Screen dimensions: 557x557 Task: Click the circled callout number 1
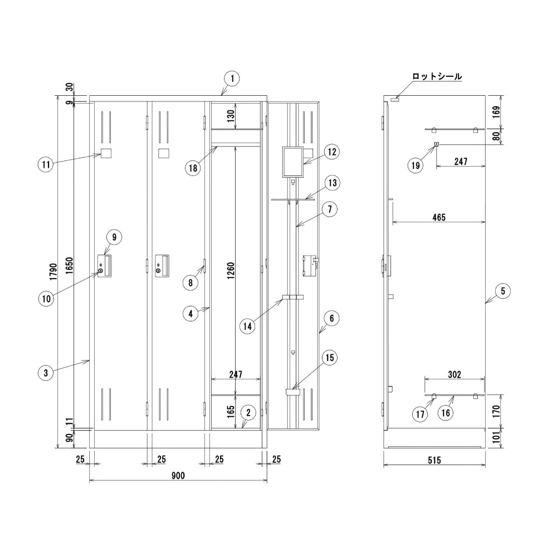232,79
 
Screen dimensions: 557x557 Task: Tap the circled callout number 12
332,152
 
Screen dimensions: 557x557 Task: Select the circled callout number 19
416,165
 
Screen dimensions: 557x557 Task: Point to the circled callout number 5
502,291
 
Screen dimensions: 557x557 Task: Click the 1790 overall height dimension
53,272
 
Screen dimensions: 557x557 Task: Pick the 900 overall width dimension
178,475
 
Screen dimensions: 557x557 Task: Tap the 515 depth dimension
434,461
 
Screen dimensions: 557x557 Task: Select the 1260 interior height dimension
231,271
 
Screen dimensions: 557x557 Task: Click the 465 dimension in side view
439,217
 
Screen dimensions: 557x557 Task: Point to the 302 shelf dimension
455,374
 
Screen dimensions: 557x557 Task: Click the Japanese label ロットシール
437,76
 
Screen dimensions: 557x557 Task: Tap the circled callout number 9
114,237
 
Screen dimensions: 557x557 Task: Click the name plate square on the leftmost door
106,154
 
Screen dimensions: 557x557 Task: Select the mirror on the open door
293,162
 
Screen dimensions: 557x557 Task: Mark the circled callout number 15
330,358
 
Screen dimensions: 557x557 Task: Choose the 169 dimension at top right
497,112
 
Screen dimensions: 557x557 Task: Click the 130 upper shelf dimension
231,116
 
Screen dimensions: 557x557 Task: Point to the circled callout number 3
46,373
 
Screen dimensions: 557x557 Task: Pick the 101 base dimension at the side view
497,437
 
